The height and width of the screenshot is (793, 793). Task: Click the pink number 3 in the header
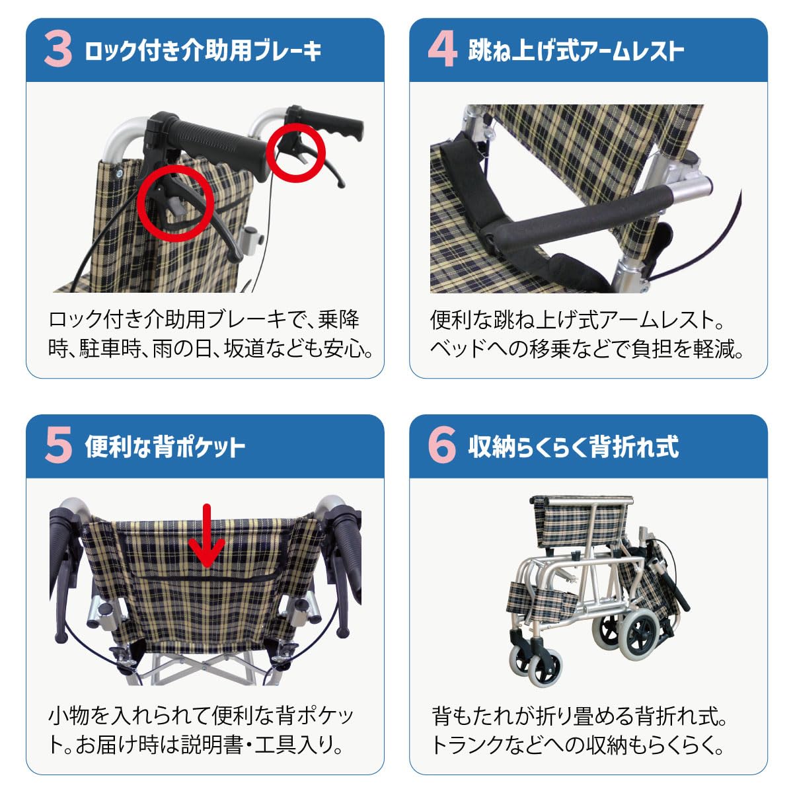pyautogui.click(x=58, y=50)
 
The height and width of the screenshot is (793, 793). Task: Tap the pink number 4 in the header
pyautogui.click(x=442, y=50)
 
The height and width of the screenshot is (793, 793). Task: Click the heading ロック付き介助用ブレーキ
pyautogui.click(x=203, y=51)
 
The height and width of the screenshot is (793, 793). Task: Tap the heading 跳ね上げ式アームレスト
pyautogui.click(x=576, y=51)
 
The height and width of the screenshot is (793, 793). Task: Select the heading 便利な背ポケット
pyautogui.click(x=165, y=447)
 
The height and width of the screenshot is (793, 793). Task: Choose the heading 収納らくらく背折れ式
pyautogui.click(x=573, y=447)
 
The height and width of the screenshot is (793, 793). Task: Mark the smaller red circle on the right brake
pyautogui.click(x=295, y=152)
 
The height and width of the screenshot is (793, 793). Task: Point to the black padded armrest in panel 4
pyautogui.click(x=582, y=218)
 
